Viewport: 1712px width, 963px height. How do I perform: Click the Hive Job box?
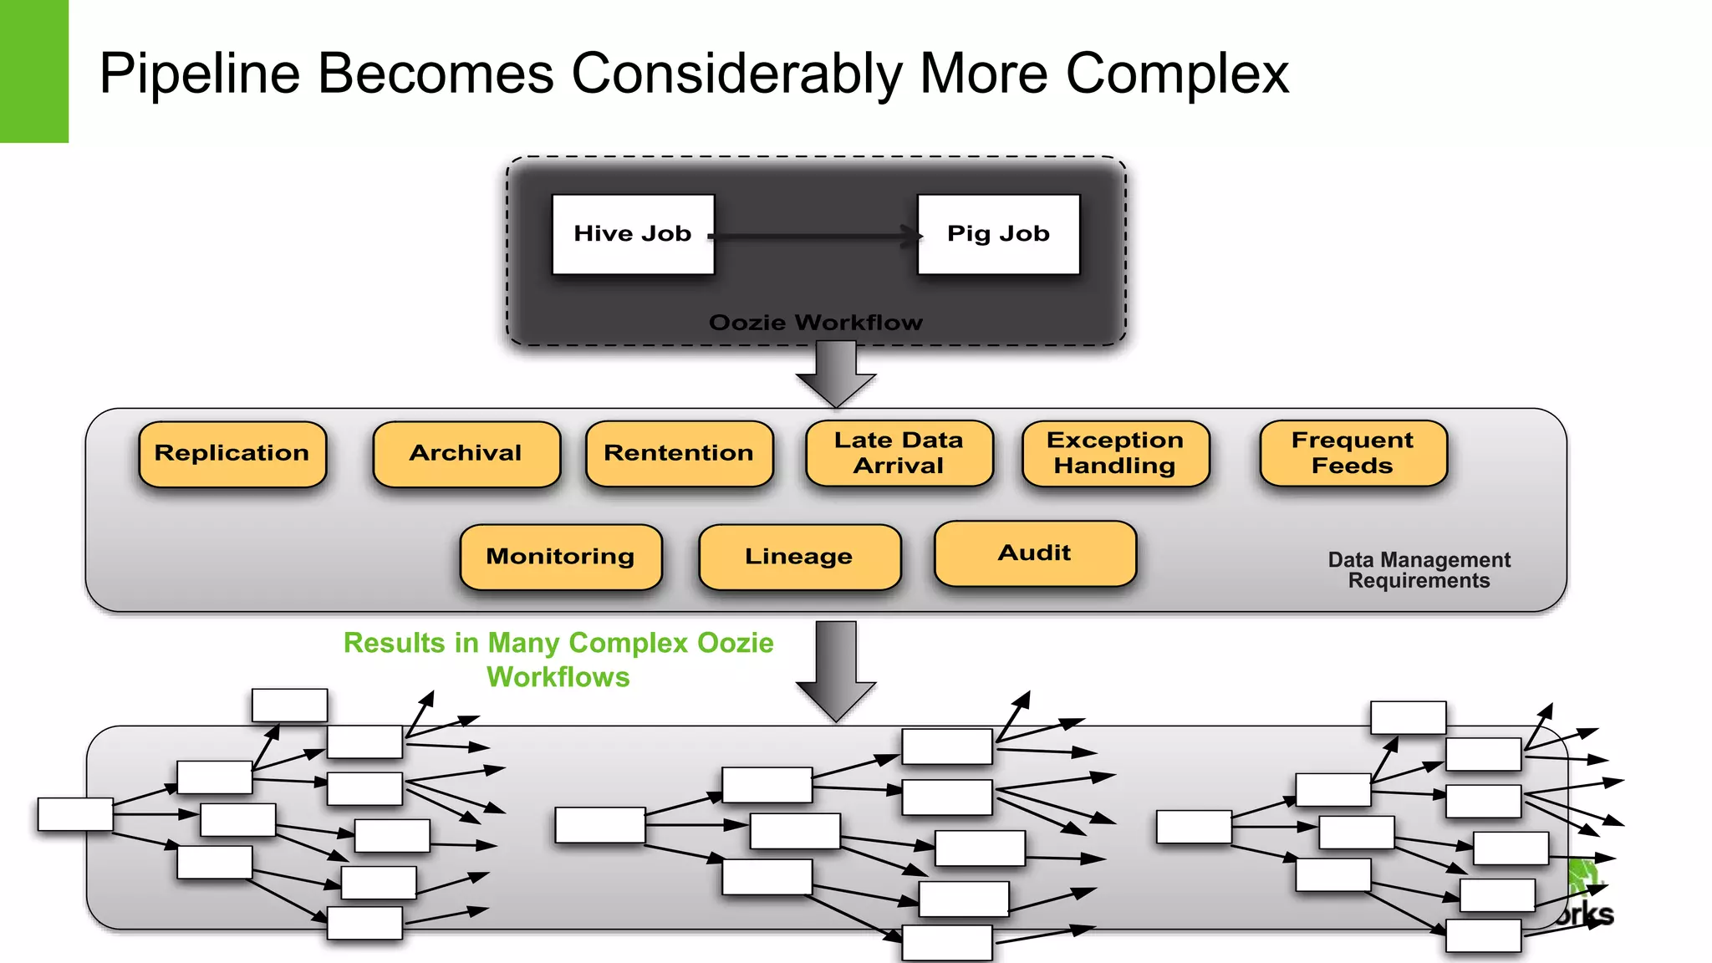(x=633, y=234)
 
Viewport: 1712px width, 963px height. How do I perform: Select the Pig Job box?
(x=998, y=234)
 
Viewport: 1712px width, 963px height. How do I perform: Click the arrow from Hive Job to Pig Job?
(x=815, y=237)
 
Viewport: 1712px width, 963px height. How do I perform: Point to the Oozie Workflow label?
(x=815, y=323)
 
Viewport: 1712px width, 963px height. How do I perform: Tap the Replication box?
(x=232, y=454)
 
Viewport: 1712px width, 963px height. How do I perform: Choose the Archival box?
(x=466, y=454)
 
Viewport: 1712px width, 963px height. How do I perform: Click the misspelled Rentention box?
(x=679, y=454)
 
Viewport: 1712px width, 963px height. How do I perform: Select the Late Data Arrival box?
(x=899, y=453)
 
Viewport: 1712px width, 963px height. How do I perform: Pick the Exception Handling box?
(x=1115, y=453)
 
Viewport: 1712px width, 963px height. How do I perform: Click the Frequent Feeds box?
(x=1353, y=453)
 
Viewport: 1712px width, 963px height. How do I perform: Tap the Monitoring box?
(x=561, y=557)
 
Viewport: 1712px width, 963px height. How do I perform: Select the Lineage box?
(x=799, y=557)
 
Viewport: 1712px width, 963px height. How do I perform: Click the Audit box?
(x=1035, y=553)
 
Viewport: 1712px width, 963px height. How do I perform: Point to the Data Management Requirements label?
(x=1419, y=570)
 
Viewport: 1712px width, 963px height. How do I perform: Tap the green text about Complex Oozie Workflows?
(x=558, y=660)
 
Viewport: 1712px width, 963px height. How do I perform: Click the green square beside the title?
(x=33, y=71)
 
